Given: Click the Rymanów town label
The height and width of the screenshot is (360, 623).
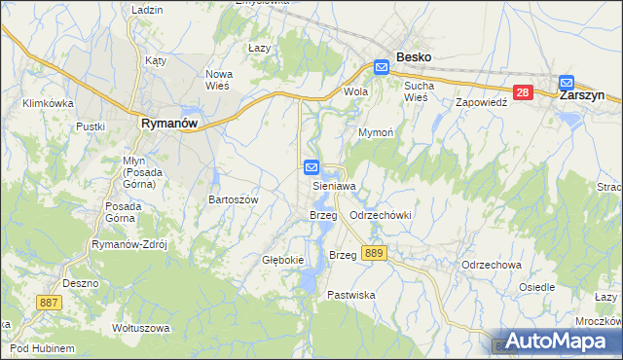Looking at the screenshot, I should (x=169, y=124).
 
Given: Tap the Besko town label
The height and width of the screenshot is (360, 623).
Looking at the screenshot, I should (x=413, y=57).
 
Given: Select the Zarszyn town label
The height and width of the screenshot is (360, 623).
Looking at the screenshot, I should (x=584, y=96).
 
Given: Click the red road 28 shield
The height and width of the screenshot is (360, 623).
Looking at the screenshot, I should (x=523, y=92).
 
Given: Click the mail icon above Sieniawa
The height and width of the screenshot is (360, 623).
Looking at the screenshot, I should (x=312, y=167).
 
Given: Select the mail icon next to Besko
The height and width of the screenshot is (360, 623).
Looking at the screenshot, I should (x=382, y=67).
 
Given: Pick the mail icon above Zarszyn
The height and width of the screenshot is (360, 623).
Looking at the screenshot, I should (x=567, y=83).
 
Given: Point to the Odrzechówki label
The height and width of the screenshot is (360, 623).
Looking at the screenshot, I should (x=382, y=215).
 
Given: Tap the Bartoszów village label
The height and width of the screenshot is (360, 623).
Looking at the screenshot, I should (x=233, y=199).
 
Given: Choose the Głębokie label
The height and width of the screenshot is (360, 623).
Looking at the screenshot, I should (x=283, y=260).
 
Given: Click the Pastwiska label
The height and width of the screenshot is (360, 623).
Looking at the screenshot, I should (x=351, y=294).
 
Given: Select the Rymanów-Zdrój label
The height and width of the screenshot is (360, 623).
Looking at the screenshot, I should (x=129, y=245).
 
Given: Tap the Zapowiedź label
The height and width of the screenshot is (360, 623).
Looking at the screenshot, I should (x=483, y=101).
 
